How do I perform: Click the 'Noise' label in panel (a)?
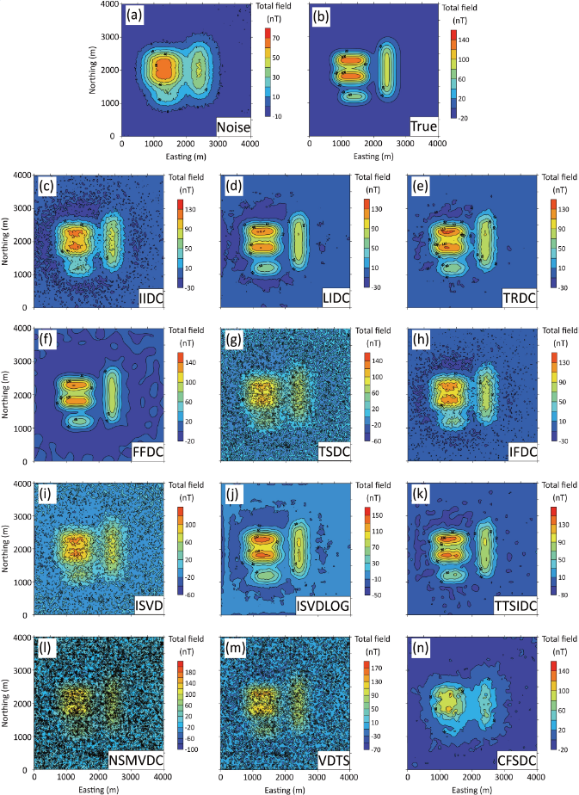pyautogui.click(x=233, y=127)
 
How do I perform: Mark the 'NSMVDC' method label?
pyautogui.click(x=138, y=758)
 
